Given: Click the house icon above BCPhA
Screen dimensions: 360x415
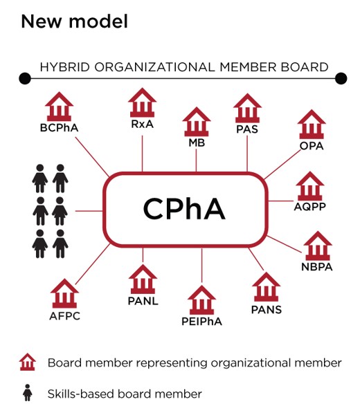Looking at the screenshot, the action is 59,107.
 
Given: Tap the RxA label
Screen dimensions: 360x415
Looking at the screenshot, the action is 142,124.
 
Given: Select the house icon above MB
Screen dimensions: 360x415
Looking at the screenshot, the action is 197,122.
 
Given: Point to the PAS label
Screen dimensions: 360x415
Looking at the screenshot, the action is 247,129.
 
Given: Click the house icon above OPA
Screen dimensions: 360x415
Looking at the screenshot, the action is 312,124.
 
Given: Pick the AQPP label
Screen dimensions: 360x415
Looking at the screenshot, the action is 309,206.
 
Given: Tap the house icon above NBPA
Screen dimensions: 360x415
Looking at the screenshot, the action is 318,246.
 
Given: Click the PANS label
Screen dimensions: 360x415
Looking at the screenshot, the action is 267,309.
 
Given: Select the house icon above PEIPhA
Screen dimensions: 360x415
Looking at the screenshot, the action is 201,300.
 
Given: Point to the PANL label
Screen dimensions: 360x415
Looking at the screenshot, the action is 143,301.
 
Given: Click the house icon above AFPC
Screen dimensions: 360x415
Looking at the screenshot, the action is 64,293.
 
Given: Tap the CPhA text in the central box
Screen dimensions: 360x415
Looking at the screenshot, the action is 184,209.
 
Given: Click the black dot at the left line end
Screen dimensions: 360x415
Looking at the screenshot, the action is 25,78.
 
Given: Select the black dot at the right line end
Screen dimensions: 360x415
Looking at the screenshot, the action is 341,78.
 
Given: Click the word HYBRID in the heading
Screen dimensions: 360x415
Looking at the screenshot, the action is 65,67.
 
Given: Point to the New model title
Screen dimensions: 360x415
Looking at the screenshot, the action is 75,21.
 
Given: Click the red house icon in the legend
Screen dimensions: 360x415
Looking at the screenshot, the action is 28,362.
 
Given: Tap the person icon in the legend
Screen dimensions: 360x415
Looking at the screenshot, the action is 27,393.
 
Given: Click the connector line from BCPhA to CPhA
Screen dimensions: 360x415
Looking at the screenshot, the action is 92,157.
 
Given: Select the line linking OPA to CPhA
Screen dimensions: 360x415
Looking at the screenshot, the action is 282,165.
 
